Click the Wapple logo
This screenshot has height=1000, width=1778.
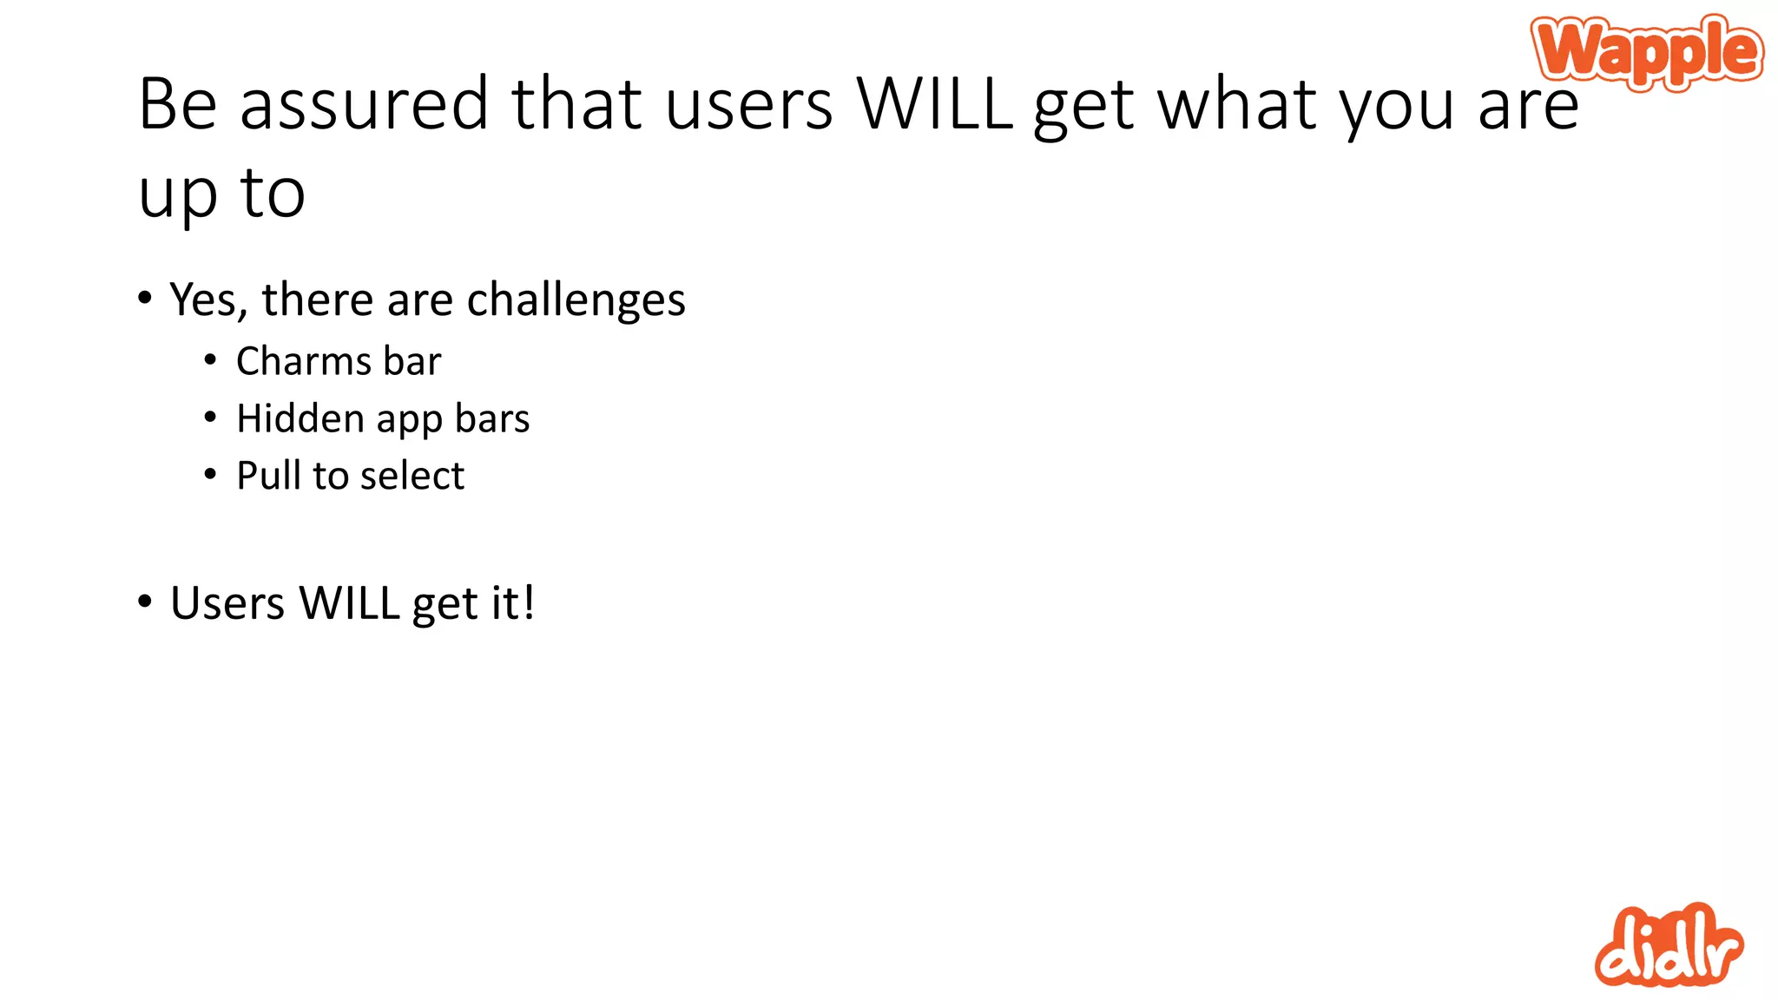1647,51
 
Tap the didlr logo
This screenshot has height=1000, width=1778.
1668,946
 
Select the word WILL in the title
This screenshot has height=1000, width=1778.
935,104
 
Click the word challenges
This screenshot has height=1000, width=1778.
576,300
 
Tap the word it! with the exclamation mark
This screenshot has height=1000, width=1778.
511,603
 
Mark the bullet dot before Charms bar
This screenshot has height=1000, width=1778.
210,359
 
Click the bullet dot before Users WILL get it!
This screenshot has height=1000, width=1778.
144,601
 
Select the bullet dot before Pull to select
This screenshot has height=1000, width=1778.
210,474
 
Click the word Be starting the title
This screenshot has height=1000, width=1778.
177,104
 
